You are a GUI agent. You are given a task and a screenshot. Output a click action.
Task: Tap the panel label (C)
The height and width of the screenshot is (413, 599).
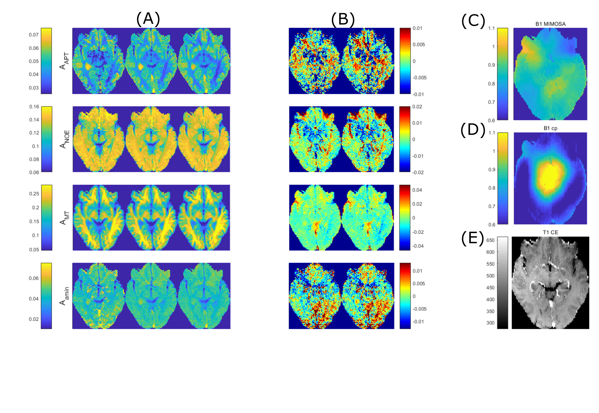click(473, 21)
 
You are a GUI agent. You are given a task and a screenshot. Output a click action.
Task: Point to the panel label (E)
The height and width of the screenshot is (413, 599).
click(472, 238)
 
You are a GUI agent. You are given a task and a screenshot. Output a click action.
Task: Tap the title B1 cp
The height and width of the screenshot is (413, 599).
click(550, 128)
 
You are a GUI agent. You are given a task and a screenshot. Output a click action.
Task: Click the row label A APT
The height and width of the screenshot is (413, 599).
click(64, 61)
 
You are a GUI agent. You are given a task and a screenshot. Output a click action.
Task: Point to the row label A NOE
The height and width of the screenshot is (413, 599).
click(64, 139)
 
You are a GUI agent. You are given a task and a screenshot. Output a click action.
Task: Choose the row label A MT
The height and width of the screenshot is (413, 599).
click(64, 218)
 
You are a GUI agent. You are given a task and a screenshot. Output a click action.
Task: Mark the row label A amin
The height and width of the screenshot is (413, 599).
click(64, 296)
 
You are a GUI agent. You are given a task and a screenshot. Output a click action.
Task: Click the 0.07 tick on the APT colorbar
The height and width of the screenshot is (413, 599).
click(34, 35)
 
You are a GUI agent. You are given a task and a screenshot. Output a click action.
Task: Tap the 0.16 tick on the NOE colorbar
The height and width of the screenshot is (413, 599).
click(34, 107)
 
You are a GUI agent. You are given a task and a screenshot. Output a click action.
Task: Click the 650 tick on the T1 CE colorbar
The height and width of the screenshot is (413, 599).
click(490, 240)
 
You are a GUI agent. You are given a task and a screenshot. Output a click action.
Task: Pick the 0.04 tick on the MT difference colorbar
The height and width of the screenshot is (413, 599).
click(417, 190)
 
